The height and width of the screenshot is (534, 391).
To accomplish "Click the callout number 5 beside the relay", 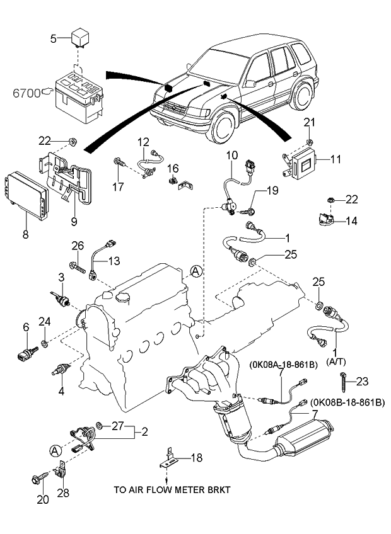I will click(x=54, y=39).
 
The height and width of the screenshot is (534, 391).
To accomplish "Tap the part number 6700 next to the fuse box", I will click(x=25, y=93).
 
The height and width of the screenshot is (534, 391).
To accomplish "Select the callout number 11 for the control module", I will click(x=335, y=160).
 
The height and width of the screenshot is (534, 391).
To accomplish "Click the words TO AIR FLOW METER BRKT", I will click(x=172, y=489).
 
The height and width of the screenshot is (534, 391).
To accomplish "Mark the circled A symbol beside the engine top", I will click(x=196, y=271).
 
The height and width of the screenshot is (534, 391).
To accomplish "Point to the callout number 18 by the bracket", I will click(x=197, y=458).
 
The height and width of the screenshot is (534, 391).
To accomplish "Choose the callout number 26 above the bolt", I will click(x=77, y=246).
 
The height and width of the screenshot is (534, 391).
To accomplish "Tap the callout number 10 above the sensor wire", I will click(x=232, y=155).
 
